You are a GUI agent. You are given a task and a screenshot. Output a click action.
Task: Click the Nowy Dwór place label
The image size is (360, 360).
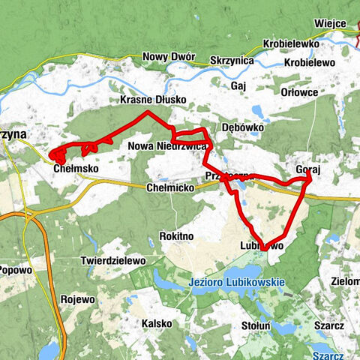pyautogui.click(x=169, y=57)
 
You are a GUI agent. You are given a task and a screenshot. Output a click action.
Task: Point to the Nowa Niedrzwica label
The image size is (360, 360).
pyautogui.click(x=167, y=146)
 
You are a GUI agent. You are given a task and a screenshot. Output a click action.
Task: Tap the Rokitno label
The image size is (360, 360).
pyautogui.click(x=177, y=236)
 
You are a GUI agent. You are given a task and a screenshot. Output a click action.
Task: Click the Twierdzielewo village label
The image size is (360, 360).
pyautogui.click(x=112, y=261)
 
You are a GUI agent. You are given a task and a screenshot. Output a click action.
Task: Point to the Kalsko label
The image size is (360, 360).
pyautogui.click(x=156, y=323)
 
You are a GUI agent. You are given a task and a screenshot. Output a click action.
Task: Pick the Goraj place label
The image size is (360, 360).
pyautogui.click(x=308, y=170)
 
